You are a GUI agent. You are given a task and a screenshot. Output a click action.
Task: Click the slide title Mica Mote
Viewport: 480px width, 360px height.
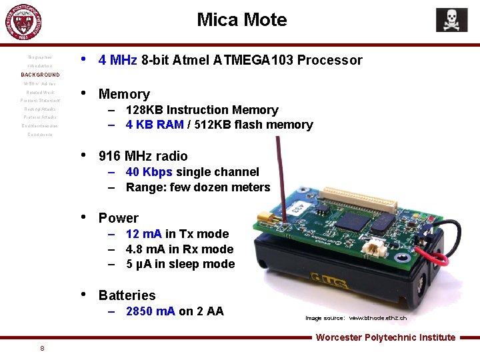[241, 20]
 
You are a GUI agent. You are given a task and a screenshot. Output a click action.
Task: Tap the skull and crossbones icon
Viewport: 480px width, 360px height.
[451, 20]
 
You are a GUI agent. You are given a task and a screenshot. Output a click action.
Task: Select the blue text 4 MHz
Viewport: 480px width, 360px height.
[117, 61]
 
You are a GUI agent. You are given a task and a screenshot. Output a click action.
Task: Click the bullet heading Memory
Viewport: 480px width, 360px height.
[124, 94]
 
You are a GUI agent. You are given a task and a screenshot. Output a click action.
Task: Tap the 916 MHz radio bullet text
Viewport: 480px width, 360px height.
[143, 156]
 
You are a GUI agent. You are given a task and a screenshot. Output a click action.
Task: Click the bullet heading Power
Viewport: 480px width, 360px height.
[118, 218]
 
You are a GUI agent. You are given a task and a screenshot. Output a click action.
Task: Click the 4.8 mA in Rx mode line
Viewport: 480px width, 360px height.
[179, 249]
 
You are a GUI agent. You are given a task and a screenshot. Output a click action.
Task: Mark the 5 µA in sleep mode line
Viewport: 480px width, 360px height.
[180, 264]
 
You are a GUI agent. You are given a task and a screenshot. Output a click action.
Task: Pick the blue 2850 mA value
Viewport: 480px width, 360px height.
[150, 311]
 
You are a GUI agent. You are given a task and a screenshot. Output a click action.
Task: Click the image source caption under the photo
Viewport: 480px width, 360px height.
[355, 318]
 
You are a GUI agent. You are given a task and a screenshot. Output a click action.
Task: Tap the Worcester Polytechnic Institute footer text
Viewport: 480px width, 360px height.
[385, 337]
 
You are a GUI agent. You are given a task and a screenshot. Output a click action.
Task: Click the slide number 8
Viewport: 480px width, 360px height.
[42, 348]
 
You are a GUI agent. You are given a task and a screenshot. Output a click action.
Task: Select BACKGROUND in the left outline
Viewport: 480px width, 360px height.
[41, 75]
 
